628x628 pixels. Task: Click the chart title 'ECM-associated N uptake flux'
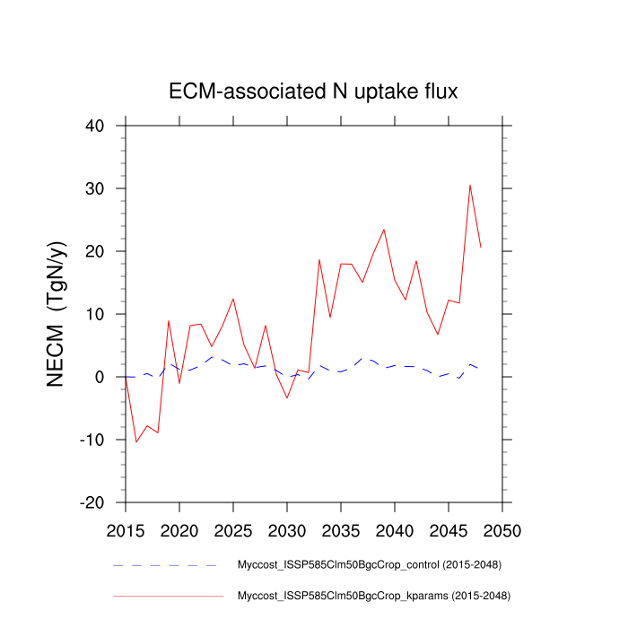pos(313,92)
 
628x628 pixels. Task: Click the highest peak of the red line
pos(470,185)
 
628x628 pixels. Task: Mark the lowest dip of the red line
pos(136,442)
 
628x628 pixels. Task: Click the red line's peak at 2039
pos(384,229)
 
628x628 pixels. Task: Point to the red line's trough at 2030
pos(287,397)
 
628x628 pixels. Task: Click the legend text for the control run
pos(368,565)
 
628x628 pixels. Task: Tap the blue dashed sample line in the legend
pos(166,565)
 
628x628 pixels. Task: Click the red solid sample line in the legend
pos(166,595)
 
